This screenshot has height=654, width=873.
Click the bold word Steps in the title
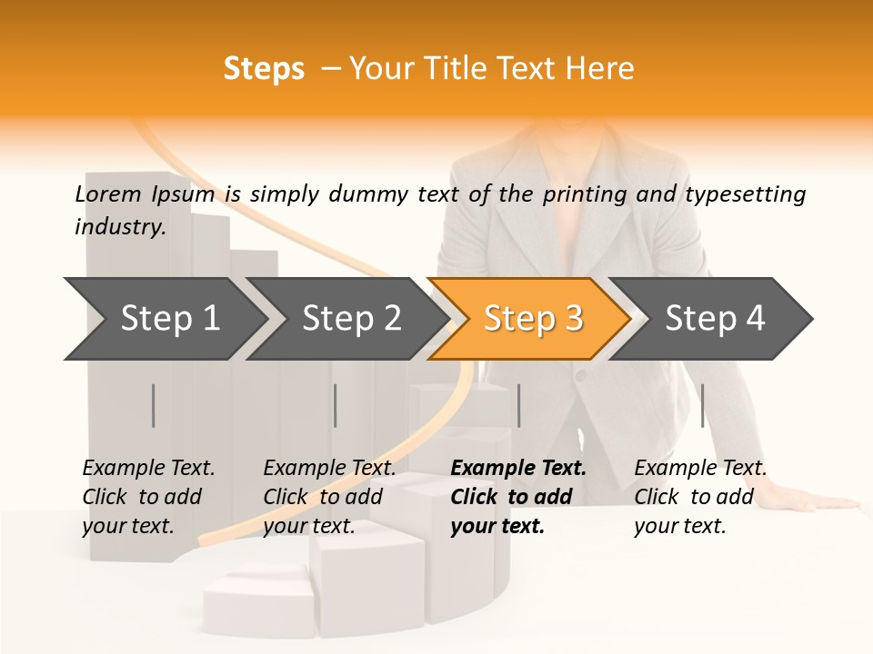(x=264, y=69)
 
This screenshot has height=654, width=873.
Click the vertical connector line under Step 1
(x=154, y=405)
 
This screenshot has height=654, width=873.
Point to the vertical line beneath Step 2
(x=336, y=405)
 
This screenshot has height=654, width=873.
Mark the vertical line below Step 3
(x=518, y=405)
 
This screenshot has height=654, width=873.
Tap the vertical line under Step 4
(x=702, y=405)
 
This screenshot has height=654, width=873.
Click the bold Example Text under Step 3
(x=517, y=497)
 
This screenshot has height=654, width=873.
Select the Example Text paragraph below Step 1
(x=148, y=497)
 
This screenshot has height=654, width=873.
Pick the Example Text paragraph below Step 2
(x=329, y=497)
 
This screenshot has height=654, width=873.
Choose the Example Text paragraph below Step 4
(x=700, y=497)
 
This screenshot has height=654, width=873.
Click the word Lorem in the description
(x=107, y=193)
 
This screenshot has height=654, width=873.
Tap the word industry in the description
(x=119, y=227)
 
